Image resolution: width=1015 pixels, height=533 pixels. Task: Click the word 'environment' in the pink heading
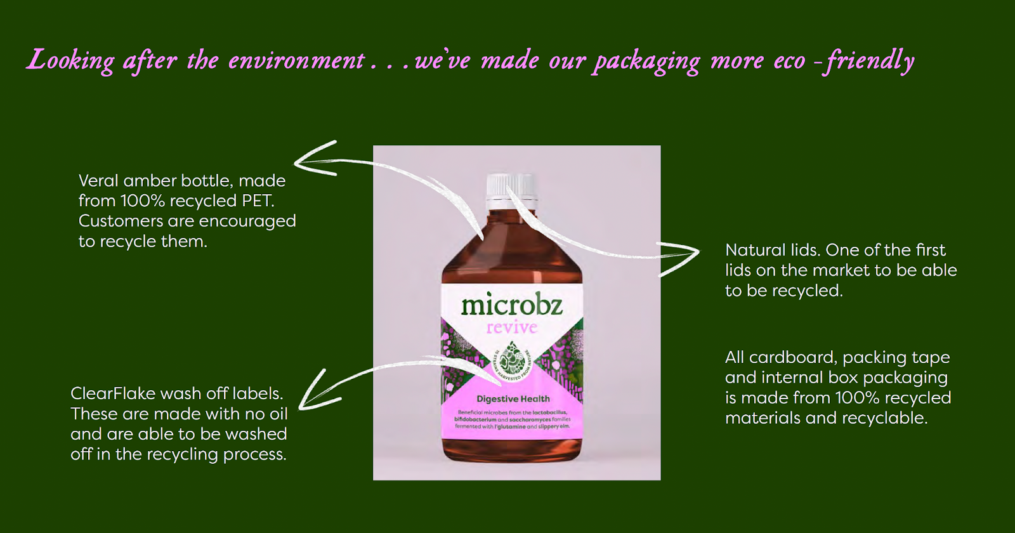point(296,61)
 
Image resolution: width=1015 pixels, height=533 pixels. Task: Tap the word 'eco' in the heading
point(789,61)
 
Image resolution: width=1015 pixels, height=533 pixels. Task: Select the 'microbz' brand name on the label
point(511,305)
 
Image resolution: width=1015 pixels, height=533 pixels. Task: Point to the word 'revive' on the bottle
point(511,327)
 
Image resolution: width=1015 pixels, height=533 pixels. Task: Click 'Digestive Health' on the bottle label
point(513,399)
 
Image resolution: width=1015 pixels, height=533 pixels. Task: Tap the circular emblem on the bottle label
point(511,360)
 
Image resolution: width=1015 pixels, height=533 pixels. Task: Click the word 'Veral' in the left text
point(98,181)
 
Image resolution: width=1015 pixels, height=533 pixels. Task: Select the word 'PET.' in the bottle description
point(258,201)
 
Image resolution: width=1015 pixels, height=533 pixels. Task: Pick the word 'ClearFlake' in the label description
point(113,394)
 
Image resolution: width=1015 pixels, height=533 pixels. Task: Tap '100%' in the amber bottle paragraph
point(143,201)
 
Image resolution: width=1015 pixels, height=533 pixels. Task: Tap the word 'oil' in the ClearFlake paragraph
point(278,414)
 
